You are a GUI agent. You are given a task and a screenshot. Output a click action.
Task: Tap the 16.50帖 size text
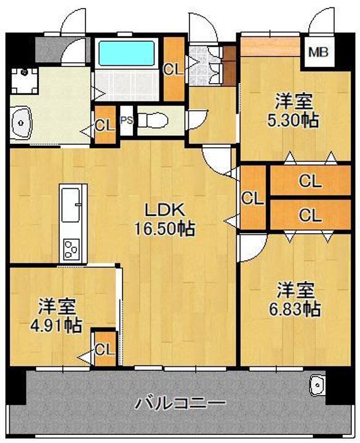point(164,228)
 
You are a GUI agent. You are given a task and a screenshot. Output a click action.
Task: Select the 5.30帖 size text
point(294,121)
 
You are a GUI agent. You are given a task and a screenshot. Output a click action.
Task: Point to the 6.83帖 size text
point(294,309)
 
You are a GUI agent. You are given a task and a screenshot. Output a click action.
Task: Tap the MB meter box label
point(318,52)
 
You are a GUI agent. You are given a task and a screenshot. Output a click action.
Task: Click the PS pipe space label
point(127,121)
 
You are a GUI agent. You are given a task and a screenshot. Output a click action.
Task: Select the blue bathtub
point(126,54)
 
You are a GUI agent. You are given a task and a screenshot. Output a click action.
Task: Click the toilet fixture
point(152,121)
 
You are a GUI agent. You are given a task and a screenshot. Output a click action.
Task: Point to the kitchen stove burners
point(71,249)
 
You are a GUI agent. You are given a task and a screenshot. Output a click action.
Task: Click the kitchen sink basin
point(70,206)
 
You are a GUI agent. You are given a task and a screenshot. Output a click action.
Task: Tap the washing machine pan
point(24,81)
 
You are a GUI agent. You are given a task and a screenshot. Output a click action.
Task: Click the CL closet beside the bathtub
point(174,69)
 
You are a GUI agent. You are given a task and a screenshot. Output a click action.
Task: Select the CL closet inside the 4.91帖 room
point(105,349)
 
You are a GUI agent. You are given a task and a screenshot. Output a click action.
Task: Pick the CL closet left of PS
point(105,124)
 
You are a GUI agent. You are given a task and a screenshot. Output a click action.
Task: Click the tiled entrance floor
point(204,66)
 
